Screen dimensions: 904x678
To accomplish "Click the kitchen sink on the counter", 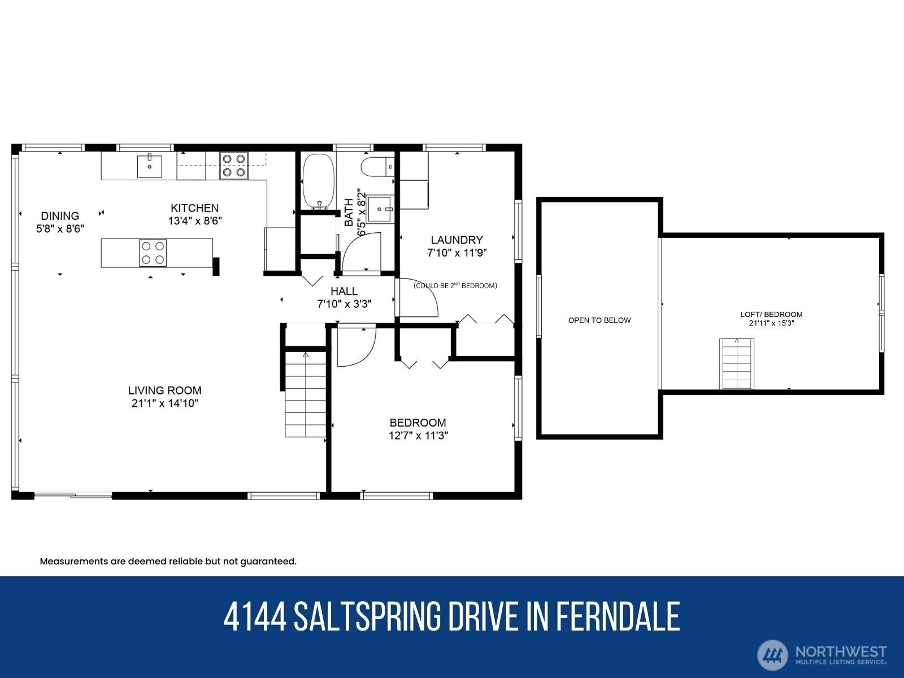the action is coord(149,166).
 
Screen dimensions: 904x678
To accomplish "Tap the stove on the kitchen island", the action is coord(153,253).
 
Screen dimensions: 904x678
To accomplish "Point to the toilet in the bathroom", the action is coord(377,167).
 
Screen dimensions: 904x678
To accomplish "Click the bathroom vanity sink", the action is coord(379,209).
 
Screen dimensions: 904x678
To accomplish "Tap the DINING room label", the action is coord(60,216).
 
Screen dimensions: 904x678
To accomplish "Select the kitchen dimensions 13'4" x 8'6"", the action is coord(195,221).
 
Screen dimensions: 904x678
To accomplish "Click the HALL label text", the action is coord(344,292).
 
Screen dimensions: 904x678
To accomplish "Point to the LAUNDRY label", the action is coord(457,240).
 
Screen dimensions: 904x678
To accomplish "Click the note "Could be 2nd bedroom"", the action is coord(455,286).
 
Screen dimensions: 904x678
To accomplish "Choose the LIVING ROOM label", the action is coord(165,390).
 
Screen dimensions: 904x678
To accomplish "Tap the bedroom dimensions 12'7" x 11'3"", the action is coord(418,436).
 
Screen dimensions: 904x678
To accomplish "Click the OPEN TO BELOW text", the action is coord(599,320).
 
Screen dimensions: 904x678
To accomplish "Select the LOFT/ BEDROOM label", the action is coord(771,315).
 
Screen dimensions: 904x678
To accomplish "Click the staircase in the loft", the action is coord(737,364).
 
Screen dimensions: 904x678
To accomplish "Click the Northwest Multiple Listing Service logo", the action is coord(822,655).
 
